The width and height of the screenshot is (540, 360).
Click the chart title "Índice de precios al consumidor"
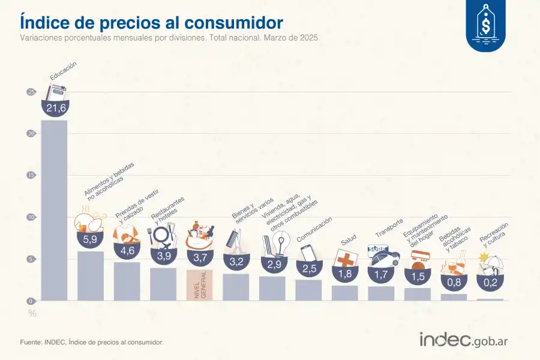pos(151,22)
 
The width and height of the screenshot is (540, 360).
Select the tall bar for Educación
pos(54,210)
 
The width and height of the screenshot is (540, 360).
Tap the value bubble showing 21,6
pos(55,107)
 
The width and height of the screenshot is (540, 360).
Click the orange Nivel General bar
pos(199,284)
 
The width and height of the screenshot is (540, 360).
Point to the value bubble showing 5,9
pos(90,239)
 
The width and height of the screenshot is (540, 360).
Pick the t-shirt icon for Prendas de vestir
pos(127,233)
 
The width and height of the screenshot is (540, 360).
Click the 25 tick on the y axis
pos(31,92)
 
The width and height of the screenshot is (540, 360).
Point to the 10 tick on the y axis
pos(31,217)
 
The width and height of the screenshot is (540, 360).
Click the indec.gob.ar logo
pos(464,340)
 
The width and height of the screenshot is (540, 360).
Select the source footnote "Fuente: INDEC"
pos(92,342)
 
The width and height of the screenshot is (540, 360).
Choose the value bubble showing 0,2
pos(490,281)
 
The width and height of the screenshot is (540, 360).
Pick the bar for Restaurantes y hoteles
pos(163,284)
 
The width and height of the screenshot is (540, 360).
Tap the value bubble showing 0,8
pos(454,280)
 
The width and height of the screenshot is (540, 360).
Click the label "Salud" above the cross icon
pos(349,241)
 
